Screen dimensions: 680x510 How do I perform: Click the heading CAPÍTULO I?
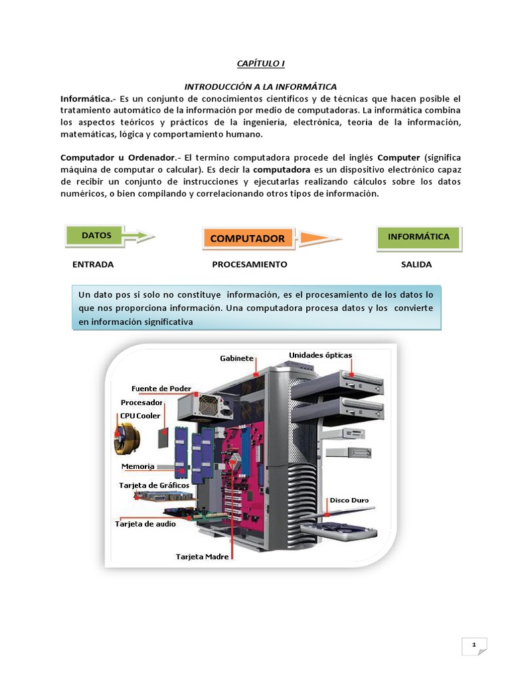point(260,63)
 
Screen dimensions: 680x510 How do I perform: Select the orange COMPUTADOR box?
point(247,238)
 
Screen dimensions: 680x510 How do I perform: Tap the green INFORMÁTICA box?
point(418,236)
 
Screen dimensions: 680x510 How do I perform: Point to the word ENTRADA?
point(93,264)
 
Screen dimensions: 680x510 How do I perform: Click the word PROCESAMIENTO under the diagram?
point(250,264)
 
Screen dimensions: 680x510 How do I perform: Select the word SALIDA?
point(416,264)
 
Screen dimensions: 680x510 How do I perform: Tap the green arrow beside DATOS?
point(139,236)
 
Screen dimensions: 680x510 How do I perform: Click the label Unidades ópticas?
point(320,355)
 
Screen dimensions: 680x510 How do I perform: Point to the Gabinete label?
point(236,359)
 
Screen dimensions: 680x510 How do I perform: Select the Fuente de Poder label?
point(161,388)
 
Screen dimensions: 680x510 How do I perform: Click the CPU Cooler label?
point(140,416)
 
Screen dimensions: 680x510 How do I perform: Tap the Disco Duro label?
point(349,500)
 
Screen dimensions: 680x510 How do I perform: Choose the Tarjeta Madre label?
point(203,556)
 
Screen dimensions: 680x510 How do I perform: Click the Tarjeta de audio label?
point(145,524)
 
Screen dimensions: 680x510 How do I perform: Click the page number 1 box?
point(474,645)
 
